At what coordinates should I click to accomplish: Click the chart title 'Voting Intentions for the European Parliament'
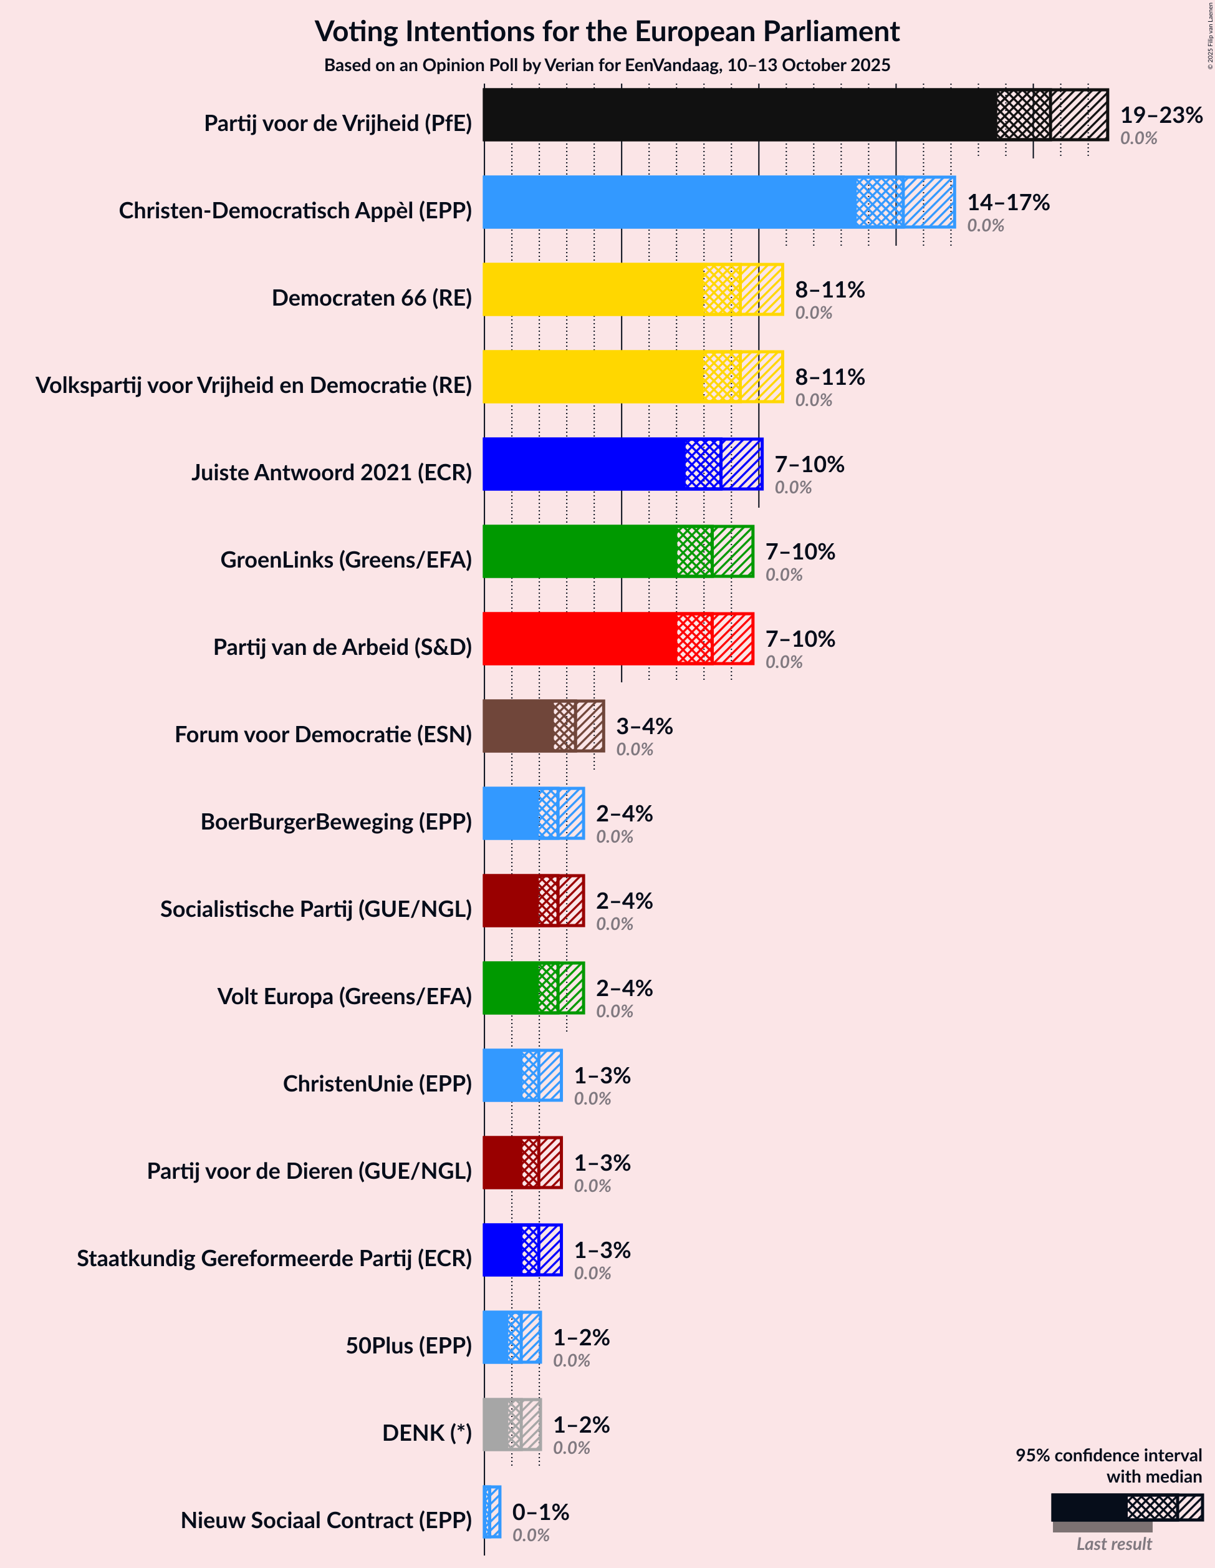click(607, 32)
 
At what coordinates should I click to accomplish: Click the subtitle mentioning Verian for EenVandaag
click(607, 65)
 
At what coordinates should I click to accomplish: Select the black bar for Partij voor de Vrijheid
click(739, 115)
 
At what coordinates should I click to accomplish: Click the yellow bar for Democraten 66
click(593, 289)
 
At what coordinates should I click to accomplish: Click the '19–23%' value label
click(1161, 115)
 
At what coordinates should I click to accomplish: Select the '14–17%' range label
click(1008, 203)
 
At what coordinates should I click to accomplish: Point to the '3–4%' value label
click(645, 726)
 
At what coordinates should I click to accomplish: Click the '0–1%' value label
click(540, 1511)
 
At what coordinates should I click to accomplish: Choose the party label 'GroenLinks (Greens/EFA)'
click(346, 559)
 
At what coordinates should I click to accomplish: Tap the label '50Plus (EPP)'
click(409, 1345)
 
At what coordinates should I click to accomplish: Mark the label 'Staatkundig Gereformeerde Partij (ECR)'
click(274, 1258)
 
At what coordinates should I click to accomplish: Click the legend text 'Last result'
click(1114, 1544)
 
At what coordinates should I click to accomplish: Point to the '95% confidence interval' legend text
click(1108, 1455)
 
